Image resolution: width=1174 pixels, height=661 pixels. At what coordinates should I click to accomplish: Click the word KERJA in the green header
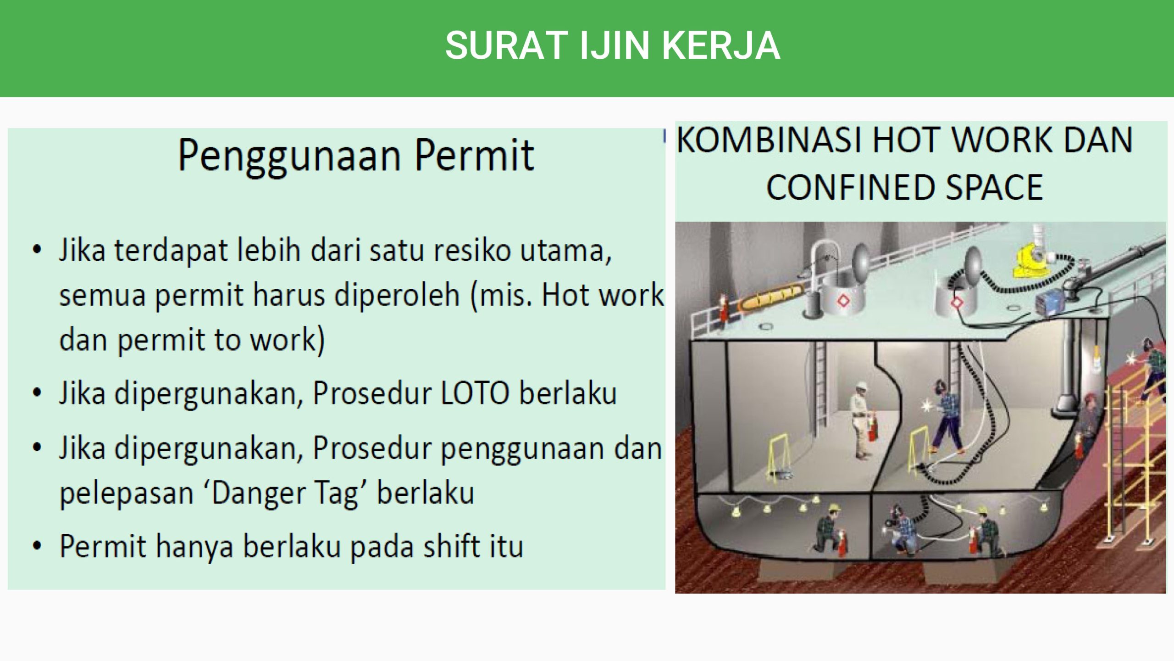click(x=720, y=45)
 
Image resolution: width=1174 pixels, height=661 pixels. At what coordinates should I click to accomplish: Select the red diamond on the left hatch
click(x=843, y=301)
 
